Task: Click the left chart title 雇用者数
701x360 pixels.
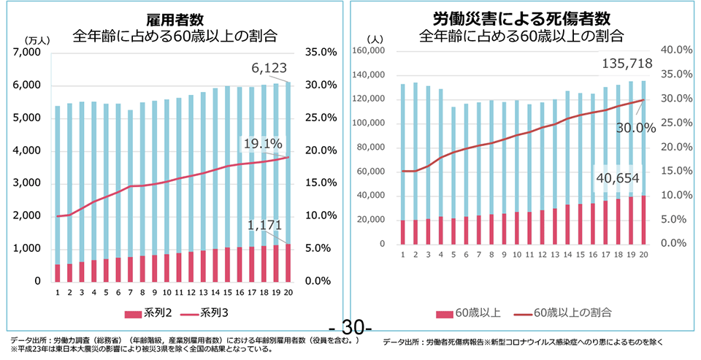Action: tap(174, 18)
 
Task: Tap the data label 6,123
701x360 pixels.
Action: tap(271, 68)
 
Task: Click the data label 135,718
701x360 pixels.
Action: tap(627, 64)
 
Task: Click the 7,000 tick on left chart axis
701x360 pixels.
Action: tap(30, 53)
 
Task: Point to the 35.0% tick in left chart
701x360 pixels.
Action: tap(318, 53)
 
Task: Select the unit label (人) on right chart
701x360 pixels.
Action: tap(375, 38)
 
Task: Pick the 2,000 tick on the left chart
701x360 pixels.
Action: tap(30, 216)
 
